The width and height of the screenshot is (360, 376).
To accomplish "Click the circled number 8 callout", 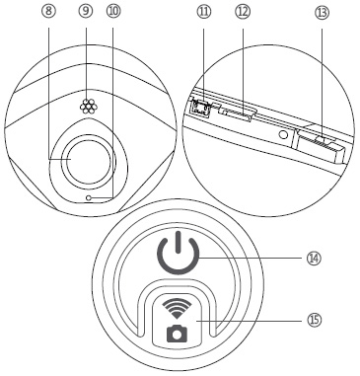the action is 48,11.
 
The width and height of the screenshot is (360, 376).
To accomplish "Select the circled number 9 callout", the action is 86,11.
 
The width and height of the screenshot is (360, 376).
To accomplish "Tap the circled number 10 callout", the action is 113,11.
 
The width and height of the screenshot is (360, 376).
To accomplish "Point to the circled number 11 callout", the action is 204,12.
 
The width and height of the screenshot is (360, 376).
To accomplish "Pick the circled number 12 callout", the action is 243,12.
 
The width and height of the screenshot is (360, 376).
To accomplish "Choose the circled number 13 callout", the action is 322,13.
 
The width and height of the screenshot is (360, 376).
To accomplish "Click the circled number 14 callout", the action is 314,259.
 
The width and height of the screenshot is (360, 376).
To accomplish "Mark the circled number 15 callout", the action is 315,320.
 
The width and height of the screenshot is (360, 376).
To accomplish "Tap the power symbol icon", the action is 179,253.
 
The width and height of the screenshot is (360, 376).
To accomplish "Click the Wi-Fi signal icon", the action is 177,309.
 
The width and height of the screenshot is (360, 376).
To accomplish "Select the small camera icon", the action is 177,333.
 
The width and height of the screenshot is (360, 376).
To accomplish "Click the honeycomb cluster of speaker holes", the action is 88,106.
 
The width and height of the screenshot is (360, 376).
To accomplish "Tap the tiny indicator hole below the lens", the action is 88,197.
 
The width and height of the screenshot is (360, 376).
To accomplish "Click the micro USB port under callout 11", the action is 201,107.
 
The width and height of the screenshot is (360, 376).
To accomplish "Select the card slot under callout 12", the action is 237,113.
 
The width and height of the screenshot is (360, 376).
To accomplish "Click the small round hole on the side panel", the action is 283,134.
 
